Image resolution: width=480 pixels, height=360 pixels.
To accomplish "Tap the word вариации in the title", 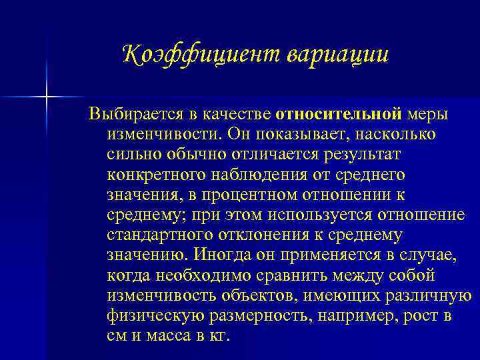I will pyautogui.click(x=336, y=54).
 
